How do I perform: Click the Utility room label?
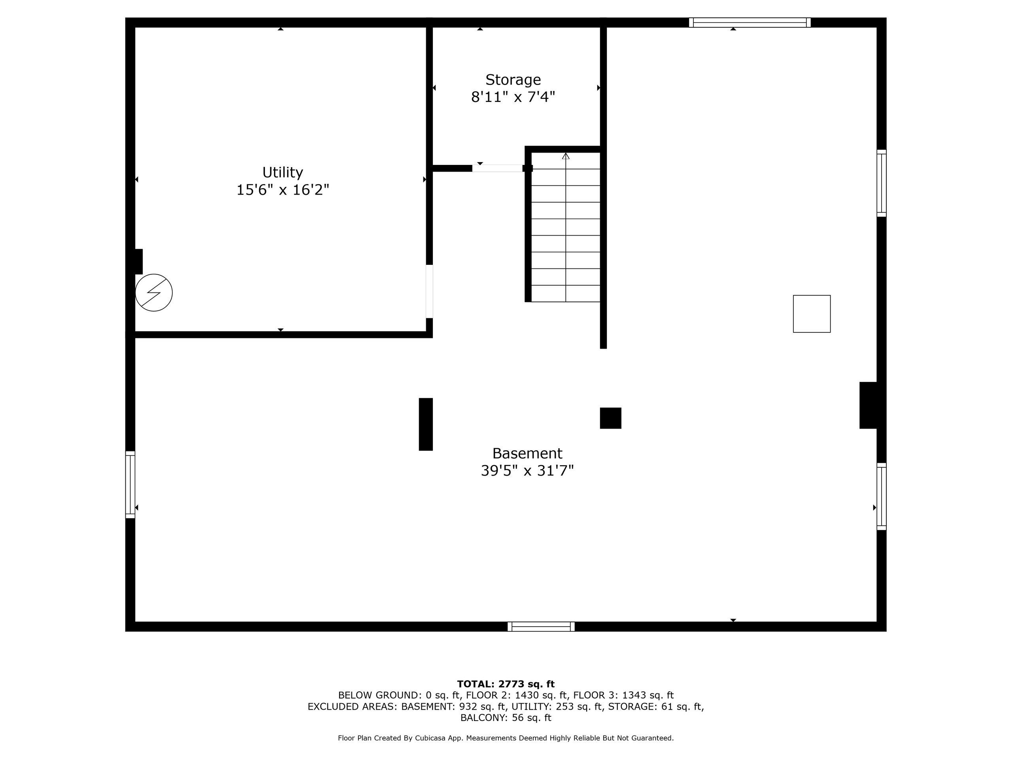(x=282, y=172)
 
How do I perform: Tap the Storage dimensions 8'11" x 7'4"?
(x=513, y=97)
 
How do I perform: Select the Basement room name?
(x=527, y=453)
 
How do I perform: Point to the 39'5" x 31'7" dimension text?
(x=527, y=471)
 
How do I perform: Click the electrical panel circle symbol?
(x=154, y=293)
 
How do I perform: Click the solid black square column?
(x=610, y=418)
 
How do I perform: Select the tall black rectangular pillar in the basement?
(x=425, y=424)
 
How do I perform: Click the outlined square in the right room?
(x=812, y=314)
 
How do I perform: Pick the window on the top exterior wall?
(x=750, y=23)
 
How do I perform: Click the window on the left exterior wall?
(x=130, y=485)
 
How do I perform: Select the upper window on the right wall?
(x=882, y=183)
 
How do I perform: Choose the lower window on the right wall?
(x=882, y=497)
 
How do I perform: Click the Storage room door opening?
(x=497, y=168)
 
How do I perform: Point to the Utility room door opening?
(x=429, y=291)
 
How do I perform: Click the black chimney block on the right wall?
(x=869, y=405)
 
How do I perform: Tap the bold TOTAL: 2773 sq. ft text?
(x=506, y=684)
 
